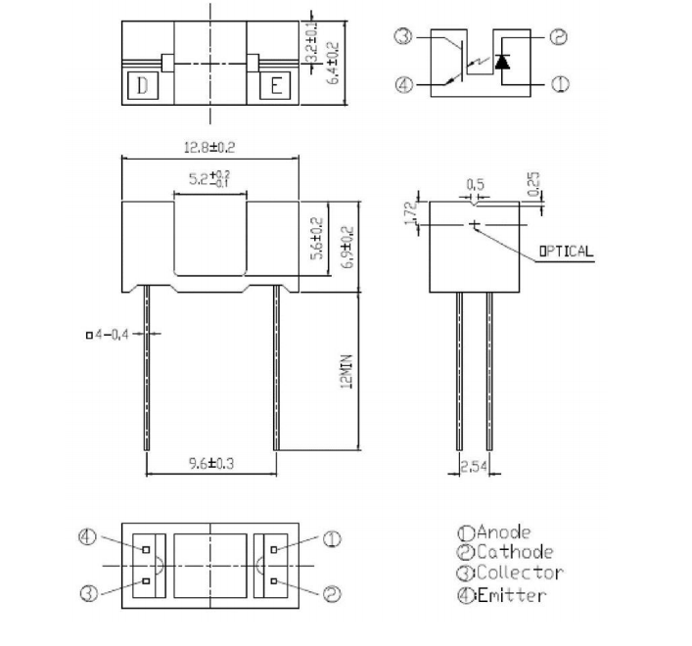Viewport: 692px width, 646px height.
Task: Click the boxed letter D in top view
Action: point(143,86)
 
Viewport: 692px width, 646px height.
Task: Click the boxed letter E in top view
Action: point(276,86)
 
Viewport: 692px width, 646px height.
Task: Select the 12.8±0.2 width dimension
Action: point(209,147)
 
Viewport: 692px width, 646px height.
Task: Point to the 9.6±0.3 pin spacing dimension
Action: point(209,464)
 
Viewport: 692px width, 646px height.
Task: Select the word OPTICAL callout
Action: point(566,251)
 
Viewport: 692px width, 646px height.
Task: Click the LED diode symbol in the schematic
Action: point(502,62)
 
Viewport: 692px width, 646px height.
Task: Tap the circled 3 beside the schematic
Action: point(403,37)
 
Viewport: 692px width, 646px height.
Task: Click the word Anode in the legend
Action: point(503,532)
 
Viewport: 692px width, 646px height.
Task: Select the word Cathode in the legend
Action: point(514,553)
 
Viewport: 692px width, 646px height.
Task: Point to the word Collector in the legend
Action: point(519,574)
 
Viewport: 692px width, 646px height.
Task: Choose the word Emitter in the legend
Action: point(511,595)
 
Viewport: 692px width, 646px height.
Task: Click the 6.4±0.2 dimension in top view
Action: point(333,62)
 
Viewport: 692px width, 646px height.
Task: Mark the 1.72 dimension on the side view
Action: point(412,212)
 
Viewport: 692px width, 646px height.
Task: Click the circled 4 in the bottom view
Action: point(88,537)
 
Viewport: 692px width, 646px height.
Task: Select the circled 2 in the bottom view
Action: point(331,593)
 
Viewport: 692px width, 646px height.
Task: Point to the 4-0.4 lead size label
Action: point(109,335)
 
